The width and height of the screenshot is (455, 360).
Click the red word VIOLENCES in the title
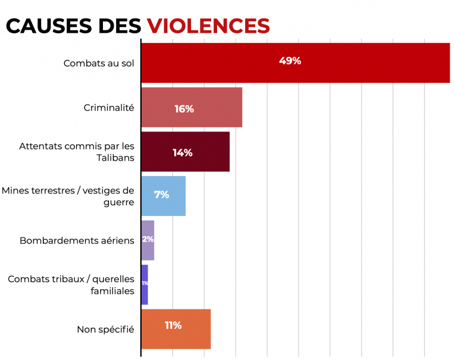(208, 25)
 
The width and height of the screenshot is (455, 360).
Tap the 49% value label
(290, 61)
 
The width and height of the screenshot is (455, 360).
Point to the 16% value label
(184, 109)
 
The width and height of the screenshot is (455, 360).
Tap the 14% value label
(182, 153)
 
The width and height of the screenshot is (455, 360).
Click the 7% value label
(161, 195)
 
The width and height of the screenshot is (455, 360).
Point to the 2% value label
(148, 239)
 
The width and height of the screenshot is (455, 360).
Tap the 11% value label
(173, 325)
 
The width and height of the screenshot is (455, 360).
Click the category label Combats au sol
(99, 62)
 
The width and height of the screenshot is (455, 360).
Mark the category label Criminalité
(109, 108)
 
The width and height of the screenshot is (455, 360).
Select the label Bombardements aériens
(77, 241)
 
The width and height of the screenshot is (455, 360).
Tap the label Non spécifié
(105, 329)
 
